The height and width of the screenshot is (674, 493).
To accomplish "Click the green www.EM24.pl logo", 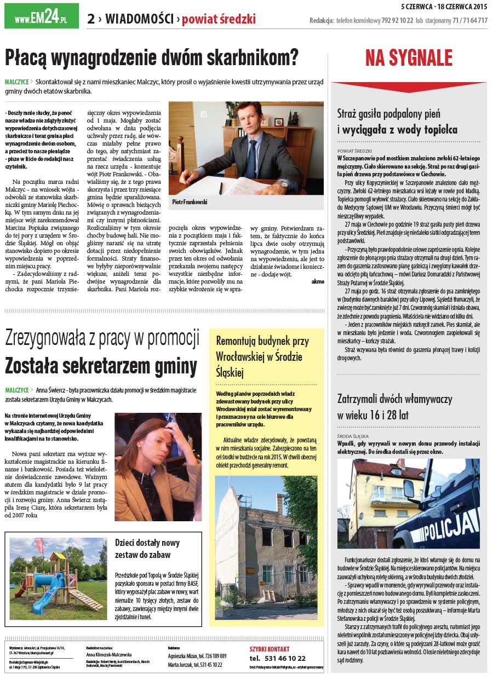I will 41,17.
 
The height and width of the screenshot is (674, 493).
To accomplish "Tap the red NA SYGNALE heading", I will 409,58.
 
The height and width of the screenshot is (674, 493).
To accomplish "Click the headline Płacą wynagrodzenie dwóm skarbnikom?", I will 152,57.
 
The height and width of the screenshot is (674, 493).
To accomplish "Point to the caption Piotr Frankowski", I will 190,202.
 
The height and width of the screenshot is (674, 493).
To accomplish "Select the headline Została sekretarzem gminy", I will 101,364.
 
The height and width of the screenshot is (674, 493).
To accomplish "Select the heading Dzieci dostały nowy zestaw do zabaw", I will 147,548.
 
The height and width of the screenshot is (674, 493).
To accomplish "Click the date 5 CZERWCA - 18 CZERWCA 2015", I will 444,7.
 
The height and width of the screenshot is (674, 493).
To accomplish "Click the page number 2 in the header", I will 90,19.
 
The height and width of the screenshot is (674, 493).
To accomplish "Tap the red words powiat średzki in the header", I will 219,20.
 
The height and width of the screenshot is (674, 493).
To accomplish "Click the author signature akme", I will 317,281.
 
